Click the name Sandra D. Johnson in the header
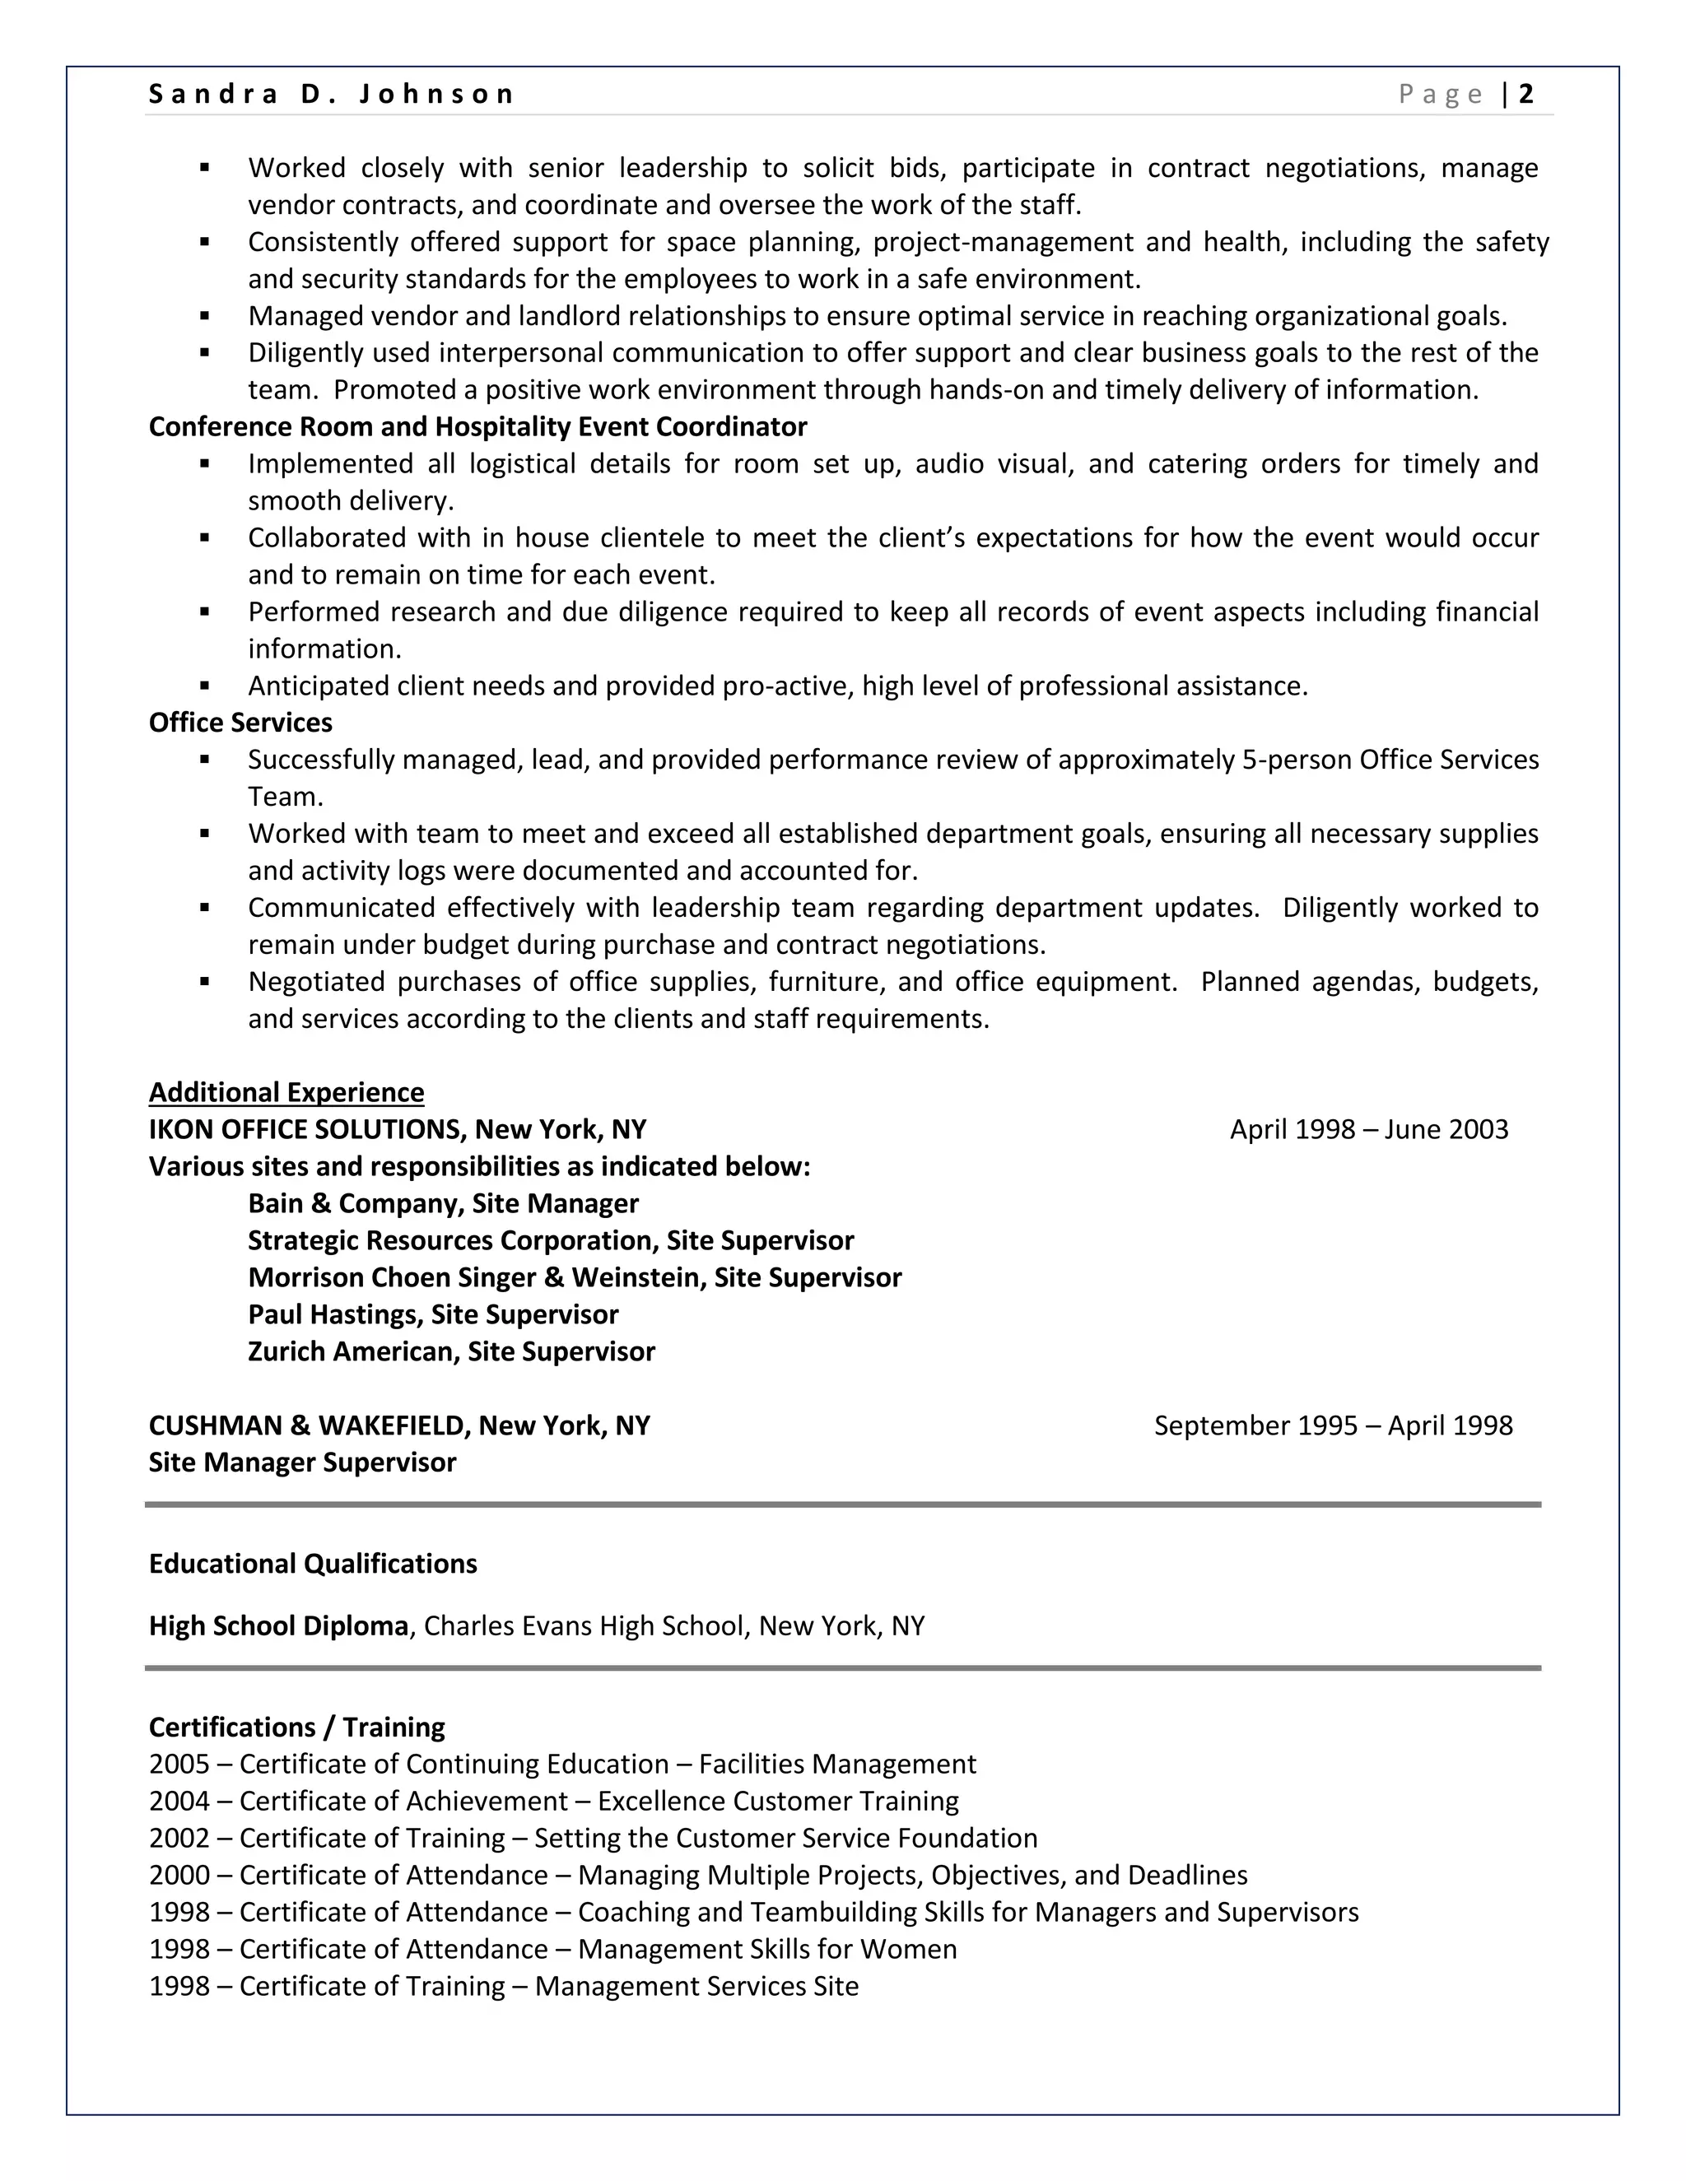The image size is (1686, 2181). tap(331, 94)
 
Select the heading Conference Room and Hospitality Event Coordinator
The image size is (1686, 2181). tap(477, 426)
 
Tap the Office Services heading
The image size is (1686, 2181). tap(240, 722)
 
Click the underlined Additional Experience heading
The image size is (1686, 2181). tap(286, 1091)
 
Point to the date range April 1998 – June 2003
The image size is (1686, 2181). tap(1368, 1129)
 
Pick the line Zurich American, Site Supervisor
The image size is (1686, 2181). tap(451, 1351)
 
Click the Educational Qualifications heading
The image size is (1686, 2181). tap(313, 1563)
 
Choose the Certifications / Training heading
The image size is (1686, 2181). tap(296, 1727)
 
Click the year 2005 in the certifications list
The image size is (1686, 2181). tap(179, 1764)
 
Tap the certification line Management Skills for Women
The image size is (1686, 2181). tap(767, 1948)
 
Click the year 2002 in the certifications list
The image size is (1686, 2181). tap(179, 1838)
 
